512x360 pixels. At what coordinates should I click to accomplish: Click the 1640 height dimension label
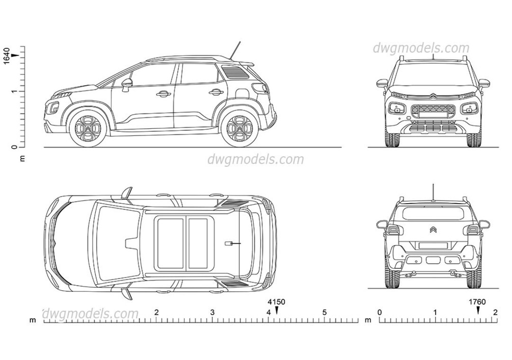click(x=6, y=55)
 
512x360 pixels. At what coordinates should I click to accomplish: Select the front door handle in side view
click(x=164, y=94)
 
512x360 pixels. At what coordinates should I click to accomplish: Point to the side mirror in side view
click(x=126, y=83)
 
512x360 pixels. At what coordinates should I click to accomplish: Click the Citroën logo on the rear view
click(x=433, y=230)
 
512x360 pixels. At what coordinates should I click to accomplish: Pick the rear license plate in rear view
click(x=433, y=245)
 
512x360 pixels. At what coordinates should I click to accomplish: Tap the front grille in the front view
click(x=433, y=111)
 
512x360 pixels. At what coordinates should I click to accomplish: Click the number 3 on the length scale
click(x=212, y=312)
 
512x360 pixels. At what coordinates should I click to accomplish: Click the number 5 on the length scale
click(x=325, y=312)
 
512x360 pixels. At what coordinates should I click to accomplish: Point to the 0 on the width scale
click(x=379, y=312)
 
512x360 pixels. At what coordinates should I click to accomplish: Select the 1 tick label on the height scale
click(x=14, y=91)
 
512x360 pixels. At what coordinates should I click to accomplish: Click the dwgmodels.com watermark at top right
click(x=421, y=48)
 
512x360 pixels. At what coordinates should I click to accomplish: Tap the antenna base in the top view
click(x=230, y=243)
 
